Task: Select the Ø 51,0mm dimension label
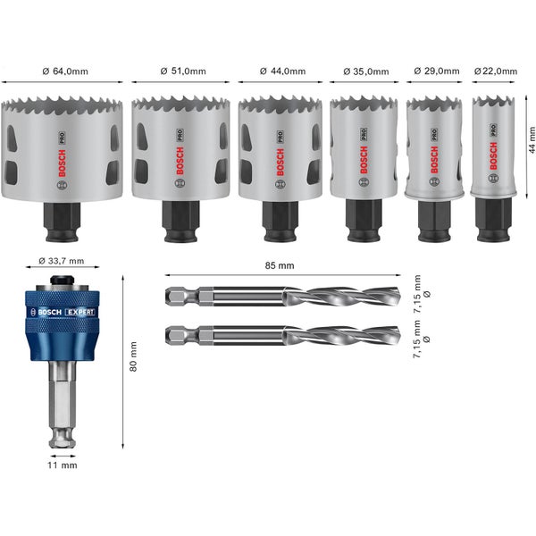[182, 70]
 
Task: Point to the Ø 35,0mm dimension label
[365, 70]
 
